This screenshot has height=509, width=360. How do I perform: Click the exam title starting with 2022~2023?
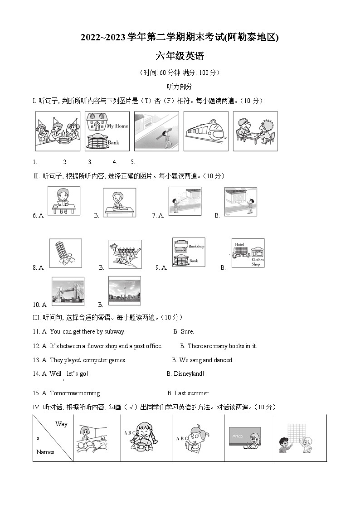click(180, 38)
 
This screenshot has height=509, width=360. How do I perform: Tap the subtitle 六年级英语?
click(180, 56)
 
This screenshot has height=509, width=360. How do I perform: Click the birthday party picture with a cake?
click(58, 131)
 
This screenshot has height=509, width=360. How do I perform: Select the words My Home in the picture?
click(117, 126)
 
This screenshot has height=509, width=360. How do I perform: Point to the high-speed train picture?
click(206, 131)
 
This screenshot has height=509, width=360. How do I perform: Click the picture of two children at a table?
click(255, 131)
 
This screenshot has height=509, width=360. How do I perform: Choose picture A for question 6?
click(63, 201)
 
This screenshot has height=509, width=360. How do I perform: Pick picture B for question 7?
click(240, 201)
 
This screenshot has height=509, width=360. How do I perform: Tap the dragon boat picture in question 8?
click(125, 254)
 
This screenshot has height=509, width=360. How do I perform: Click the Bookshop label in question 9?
click(196, 246)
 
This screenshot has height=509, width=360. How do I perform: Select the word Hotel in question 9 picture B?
click(239, 244)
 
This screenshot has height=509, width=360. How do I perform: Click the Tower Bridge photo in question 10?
click(68, 291)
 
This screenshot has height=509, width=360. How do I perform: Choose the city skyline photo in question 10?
click(124, 291)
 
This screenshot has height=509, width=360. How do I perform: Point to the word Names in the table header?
click(45, 452)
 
